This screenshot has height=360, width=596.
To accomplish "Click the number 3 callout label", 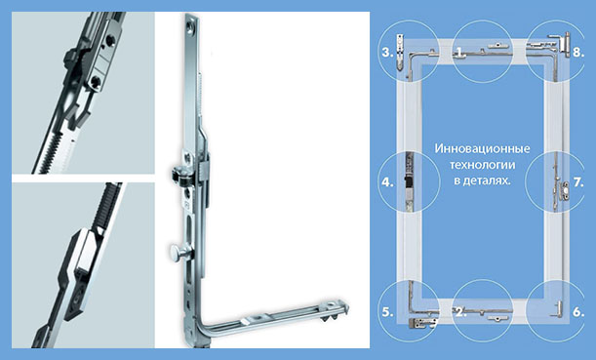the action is [x=387, y=52].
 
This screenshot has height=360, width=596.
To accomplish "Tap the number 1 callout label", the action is [x=460, y=52].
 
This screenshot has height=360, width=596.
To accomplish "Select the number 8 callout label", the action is [x=578, y=52].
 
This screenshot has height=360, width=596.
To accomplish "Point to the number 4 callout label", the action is [x=387, y=182].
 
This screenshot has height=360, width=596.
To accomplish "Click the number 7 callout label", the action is [x=578, y=182].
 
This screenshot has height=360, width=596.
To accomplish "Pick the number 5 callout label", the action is [x=387, y=312].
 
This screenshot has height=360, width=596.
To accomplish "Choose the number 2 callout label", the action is [x=460, y=312].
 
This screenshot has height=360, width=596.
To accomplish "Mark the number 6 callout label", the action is [x=578, y=312].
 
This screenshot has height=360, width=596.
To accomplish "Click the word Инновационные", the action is [x=482, y=148].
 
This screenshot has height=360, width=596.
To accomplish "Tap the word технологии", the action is [x=482, y=165].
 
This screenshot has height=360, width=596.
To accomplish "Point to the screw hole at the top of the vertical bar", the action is [x=189, y=26].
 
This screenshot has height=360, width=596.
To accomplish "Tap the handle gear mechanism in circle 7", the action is [x=563, y=189].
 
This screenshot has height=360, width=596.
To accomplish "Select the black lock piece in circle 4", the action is [x=408, y=182].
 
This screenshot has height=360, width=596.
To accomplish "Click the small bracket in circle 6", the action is [x=557, y=309].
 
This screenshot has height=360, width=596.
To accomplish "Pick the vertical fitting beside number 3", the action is [x=400, y=52].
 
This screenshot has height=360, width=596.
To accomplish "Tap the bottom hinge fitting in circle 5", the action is [x=421, y=323].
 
